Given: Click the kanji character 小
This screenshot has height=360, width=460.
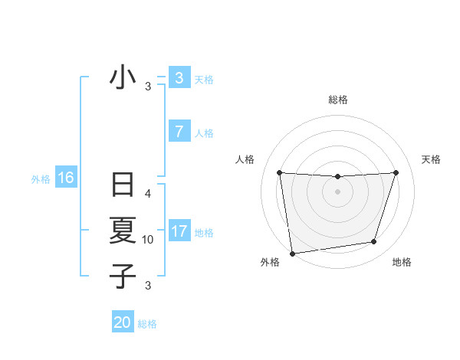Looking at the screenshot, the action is [123, 78].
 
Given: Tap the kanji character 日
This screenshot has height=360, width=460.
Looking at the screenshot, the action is [123, 186].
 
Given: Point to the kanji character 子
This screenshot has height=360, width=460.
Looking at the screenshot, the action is [123, 276].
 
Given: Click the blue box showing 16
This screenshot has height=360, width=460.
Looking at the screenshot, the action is [65, 178].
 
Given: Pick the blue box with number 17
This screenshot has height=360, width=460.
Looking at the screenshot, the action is [179, 231].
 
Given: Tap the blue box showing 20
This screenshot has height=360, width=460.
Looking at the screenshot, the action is [123, 322].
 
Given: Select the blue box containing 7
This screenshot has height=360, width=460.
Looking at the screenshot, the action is [179, 131].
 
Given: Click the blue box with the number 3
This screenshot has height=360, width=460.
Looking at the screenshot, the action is [179, 77].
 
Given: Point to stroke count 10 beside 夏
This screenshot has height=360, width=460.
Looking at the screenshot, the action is [148, 240].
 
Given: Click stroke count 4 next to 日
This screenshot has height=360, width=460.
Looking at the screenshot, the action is [148, 194].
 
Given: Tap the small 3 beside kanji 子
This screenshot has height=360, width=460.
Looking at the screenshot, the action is [148, 286].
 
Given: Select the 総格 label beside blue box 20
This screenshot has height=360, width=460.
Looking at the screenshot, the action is [147, 324].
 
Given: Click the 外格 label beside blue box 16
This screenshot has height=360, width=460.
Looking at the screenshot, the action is [41, 179].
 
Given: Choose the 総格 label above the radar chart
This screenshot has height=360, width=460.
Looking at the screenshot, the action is [337, 100].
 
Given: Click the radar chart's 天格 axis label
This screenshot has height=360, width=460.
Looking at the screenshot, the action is [431, 159].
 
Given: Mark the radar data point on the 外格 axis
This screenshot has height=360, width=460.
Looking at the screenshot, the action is [292, 254].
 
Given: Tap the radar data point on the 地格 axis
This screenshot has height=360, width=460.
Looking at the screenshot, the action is [374, 242].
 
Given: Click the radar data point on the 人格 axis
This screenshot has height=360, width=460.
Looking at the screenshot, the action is [280, 172].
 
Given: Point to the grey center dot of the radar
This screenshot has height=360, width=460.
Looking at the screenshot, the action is [337, 191].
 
